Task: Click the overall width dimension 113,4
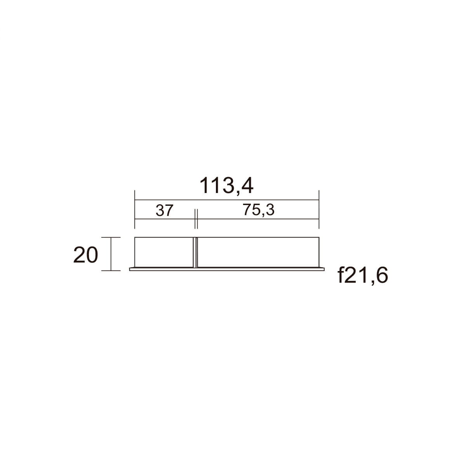click(226, 186)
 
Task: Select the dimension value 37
click(164, 210)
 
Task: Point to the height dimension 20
click(85, 255)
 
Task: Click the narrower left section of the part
click(164, 252)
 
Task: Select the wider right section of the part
click(258, 252)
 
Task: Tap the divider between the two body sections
click(195, 252)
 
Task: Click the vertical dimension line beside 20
click(111, 254)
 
